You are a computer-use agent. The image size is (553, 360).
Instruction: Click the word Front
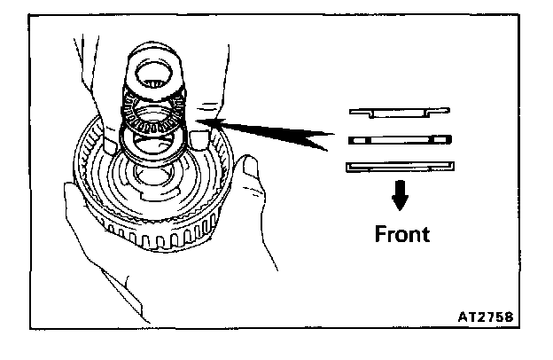(x=401, y=235)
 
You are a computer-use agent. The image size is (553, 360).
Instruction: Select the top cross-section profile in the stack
(x=398, y=112)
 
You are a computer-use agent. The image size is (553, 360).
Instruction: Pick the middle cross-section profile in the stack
(x=400, y=138)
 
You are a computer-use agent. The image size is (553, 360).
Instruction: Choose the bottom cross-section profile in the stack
(x=400, y=166)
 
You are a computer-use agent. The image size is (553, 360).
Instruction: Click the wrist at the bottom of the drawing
(x=142, y=301)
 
